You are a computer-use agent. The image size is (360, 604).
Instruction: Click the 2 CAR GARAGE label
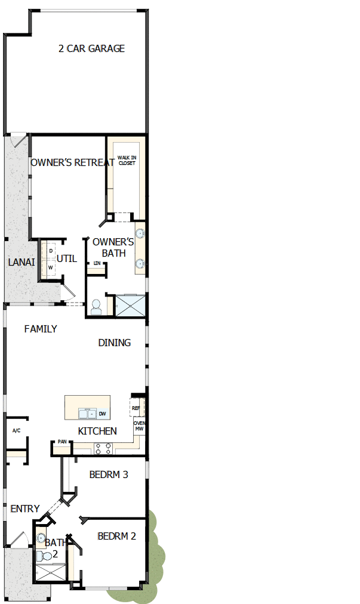tap(91, 48)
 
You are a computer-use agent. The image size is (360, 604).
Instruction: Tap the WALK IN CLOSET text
tap(127, 159)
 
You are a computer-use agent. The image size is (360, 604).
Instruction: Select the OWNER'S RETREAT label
tap(72, 162)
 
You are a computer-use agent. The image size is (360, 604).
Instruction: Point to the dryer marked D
tap(51, 251)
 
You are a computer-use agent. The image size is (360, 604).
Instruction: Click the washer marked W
tap(50, 267)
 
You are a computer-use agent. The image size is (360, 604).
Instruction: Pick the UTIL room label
tap(67, 258)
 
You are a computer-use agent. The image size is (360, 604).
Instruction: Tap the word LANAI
tap(21, 262)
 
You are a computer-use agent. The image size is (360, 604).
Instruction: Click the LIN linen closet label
tap(97, 263)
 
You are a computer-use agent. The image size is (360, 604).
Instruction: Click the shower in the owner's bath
tap(130, 305)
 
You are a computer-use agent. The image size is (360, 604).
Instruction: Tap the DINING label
tap(114, 343)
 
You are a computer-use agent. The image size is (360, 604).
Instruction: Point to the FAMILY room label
tap(41, 329)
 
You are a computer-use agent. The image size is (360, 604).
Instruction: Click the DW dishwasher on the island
tap(103, 414)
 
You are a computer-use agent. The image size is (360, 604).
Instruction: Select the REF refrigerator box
tap(136, 408)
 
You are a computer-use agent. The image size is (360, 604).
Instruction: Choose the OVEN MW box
tap(139, 426)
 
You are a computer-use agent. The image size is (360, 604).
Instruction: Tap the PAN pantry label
tap(61, 443)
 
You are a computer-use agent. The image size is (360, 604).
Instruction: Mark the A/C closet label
tap(16, 430)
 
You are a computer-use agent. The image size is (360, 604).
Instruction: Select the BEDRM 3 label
tap(109, 475)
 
